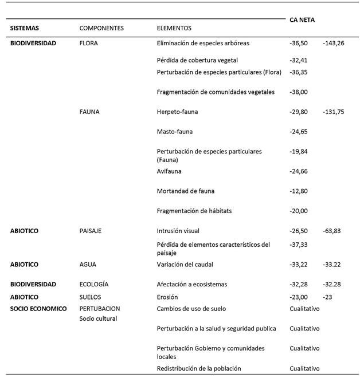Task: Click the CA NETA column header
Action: click(x=303, y=19)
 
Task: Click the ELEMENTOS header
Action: click(x=174, y=28)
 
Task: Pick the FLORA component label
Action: click(x=89, y=43)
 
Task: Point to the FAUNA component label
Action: click(x=89, y=112)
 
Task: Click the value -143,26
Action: click(x=334, y=43)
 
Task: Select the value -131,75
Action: click(x=334, y=112)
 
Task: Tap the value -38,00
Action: click(x=299, y=92)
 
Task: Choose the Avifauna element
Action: click(x=170, y=171)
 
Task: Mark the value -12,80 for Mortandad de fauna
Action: click(x=299, y=191)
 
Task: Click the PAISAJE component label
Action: click(x=91, y=231)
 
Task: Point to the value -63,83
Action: click(x=332, y=231)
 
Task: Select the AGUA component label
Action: click(x=88, y=265)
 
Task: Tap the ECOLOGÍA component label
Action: click(x=94, y=284)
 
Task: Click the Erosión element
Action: click(x=167, y=297)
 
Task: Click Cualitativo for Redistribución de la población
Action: click(x=305, y=368)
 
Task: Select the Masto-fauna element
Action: click(x=174, y=132)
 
